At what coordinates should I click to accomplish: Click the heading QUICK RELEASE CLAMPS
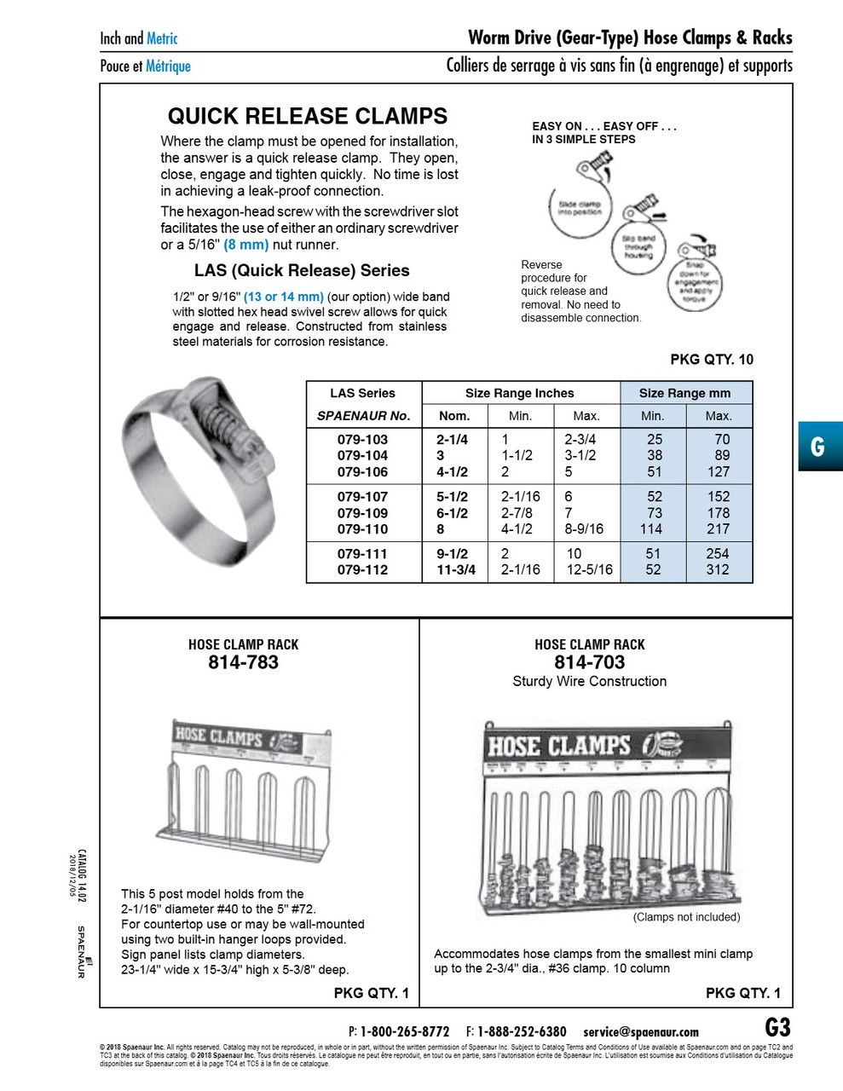tap(307, 117)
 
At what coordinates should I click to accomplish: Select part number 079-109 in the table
tap(362, 513)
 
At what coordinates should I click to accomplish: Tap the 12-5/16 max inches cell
tap(589, 569)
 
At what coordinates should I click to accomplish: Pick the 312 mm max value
tap(718, 569)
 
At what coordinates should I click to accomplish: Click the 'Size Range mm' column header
tap(685, 393)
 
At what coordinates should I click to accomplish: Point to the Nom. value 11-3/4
tap(456, 569)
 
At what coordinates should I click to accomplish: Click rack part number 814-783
tap(243, 662)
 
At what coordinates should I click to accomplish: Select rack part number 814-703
tap(589, 662)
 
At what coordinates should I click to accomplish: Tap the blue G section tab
tap(819, 447)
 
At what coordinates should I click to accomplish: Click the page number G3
tap(777, 1026)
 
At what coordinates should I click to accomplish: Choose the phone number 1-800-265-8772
tap(404, 1031)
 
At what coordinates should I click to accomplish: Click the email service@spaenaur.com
tap(640, 1031)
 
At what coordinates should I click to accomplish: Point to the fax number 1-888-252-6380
tap(521, 1031)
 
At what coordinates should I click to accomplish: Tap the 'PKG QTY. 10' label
tap(711, 360)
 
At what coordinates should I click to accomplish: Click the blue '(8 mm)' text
tap(245, 245)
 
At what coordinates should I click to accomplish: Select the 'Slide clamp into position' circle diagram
tap(579, 208)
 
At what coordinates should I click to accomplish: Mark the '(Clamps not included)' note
tap(686, 917)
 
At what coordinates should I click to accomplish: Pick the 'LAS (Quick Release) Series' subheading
tap(302, 271)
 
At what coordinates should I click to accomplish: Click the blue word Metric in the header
tap(162, 38)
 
